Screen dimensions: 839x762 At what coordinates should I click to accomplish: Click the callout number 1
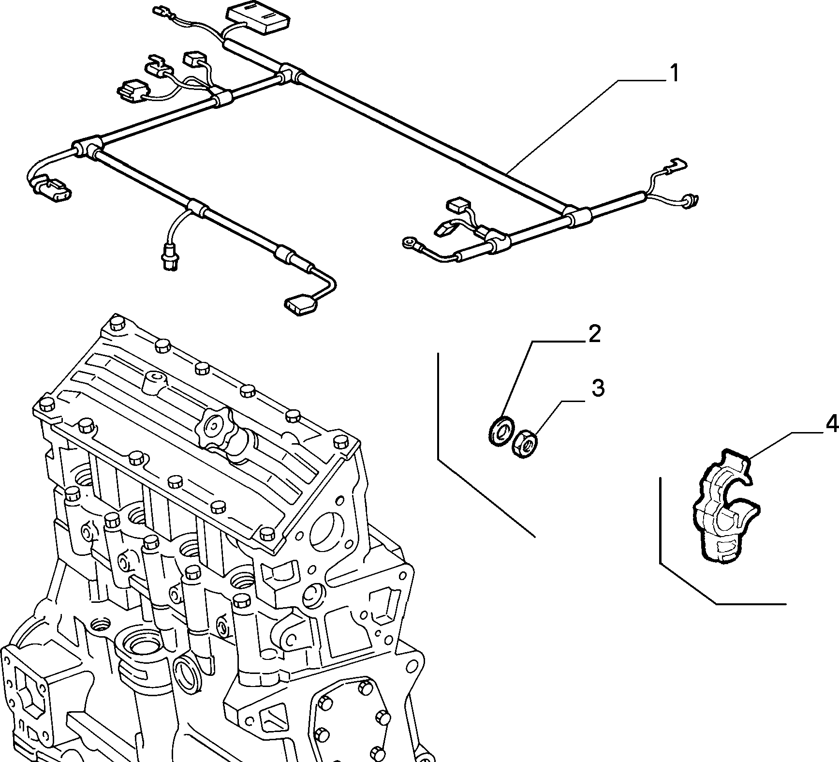point(673,74)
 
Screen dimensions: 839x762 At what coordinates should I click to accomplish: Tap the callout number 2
point(594,334)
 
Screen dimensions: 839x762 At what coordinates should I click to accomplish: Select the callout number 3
point(598,388)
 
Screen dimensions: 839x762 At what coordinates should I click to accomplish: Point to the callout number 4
point(831,424)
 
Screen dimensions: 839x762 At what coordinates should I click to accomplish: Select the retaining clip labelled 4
point(724,505)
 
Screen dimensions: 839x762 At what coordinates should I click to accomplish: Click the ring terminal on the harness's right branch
point(409,241)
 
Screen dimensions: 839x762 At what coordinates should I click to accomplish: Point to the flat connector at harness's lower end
point(300,305)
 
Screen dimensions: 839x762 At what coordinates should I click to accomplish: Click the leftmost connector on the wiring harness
point(51,191)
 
